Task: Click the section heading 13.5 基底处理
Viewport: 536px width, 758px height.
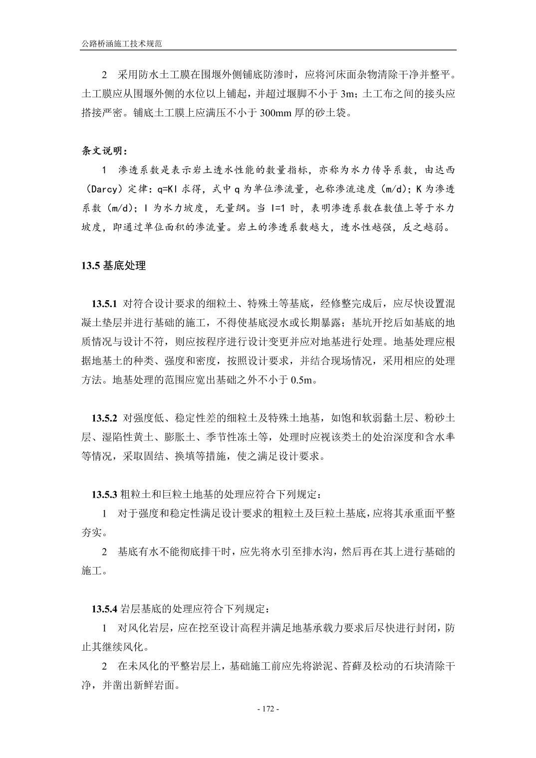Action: (x=113, y=266)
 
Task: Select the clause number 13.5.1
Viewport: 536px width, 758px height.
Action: (x=103, y=304)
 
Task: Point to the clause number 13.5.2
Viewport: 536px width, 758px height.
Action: (x=103, y=417)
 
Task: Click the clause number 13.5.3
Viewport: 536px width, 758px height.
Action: (x=103, y=495)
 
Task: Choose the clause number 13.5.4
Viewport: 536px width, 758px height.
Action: (x=103, y=609)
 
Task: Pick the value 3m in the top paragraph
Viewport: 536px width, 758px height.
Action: (x=346, y=94)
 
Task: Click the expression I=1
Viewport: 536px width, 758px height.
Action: (x=281, y=208)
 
